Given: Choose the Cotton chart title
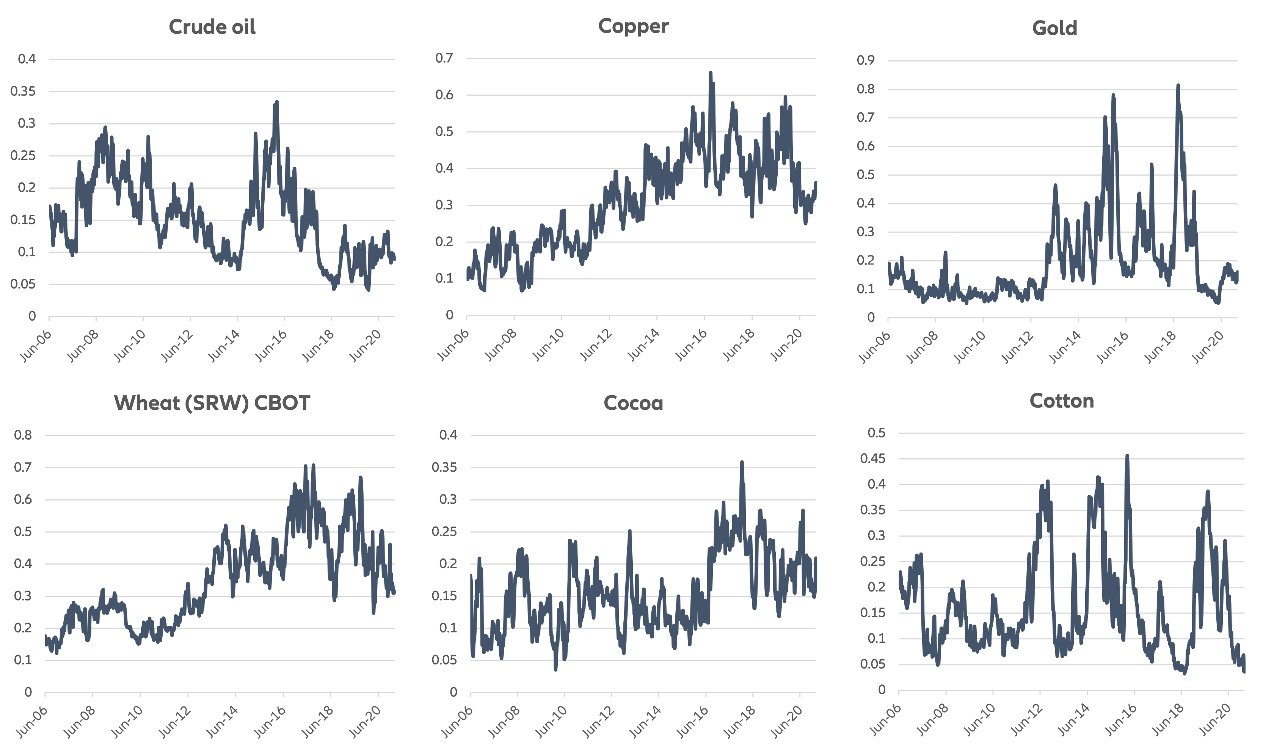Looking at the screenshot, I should [x=1061, y=401].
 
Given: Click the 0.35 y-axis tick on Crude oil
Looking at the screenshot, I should [x=23, y=91].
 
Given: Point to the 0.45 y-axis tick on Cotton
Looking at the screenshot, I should [x=872, y=459].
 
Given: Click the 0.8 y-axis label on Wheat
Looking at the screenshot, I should [x=23, y=435].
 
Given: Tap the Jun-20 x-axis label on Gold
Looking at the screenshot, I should [x=1208, y=347].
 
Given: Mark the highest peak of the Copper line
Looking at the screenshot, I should [x=711, y=73].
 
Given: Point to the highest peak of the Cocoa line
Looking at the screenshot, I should [x=742, y=462].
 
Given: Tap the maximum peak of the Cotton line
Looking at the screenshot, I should [x=1127, y=456].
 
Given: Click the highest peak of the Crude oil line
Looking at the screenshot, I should [x=276, y=102].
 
